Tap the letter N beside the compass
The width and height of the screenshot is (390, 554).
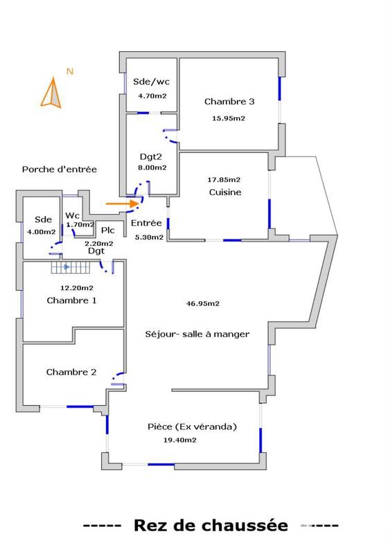pyautogui.click(x=69, y=71)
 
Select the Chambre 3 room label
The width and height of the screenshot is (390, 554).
pyautogui.click(x=229, y=102)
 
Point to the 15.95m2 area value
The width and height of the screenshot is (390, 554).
pyautogui.click(x=229, y=118)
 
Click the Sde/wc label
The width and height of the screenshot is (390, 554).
pyautogui.click(x=148, y=82)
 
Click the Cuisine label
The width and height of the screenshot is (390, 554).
pyautogui.click(x=224, y=193)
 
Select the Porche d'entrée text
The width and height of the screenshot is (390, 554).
pyautogui.click(x=60, y=170)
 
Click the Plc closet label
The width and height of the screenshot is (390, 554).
pyautogui.click(x=107, y=231)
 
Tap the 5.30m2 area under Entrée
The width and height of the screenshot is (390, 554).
pyautogui.click(x=149, y=238)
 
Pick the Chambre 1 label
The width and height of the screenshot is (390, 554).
pyautogui.click(x=71, y=301)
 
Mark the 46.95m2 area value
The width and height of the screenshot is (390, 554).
pyautogui.click(x=203, y=303)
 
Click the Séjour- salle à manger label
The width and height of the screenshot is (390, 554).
pyautogui.click(x=197, y=334)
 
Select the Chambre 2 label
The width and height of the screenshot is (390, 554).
pyautogui.click(x=71, y=373)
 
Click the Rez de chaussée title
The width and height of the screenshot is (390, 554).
pyautogui.click(x=210, y=526)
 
